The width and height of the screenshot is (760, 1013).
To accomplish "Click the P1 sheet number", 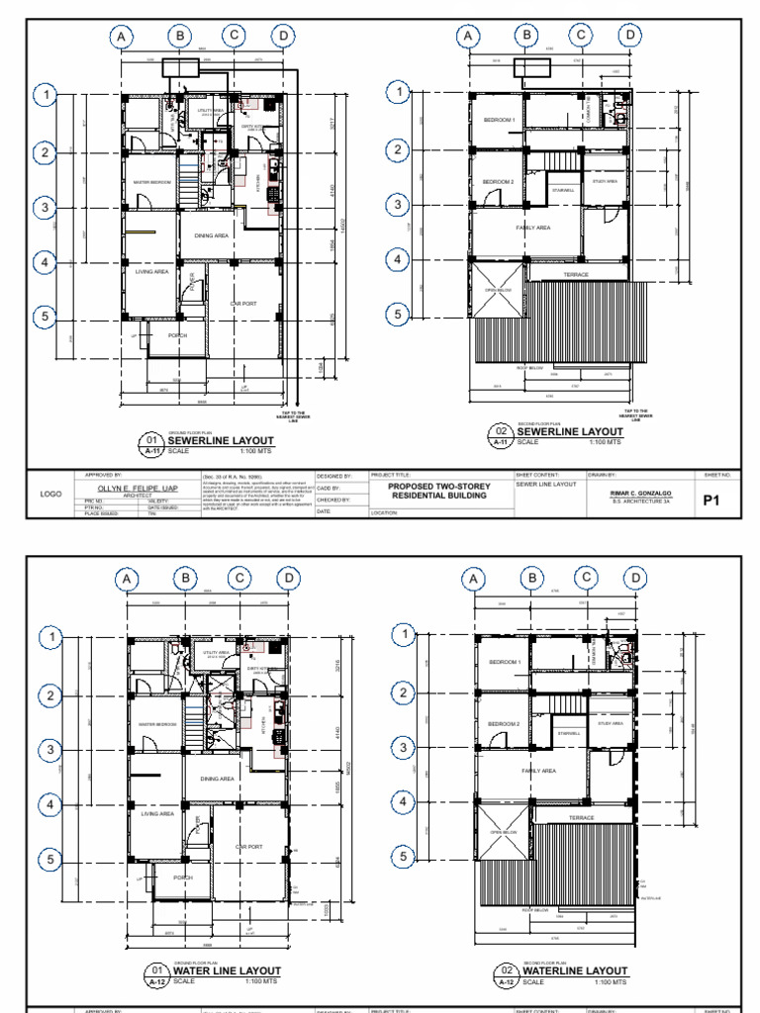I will pyautogui.click(x=709, y=501).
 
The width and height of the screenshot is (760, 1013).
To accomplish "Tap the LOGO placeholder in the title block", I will pyautogui.click(x=50, y=494).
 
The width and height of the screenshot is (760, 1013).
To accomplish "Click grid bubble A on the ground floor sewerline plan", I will pyautogui.click(x=122, y=38).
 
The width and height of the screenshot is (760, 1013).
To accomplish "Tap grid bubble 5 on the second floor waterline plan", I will pyautogui.click(x=402, y=856).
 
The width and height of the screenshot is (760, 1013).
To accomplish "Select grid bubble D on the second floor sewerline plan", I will pyautogui.click(x=628, y=37).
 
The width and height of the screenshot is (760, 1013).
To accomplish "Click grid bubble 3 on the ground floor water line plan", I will pyautogui.click(x=50, y=749).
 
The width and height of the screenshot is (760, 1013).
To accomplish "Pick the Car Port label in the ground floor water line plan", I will pyautogui.click(x=248, y=847).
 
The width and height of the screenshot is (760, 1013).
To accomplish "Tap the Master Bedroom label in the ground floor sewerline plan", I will pyautogui.click(x=147, y=183).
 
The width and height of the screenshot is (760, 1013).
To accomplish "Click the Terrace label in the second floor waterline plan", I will pyautogui.click(x=581, y=817).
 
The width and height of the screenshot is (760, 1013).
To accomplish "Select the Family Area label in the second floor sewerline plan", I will pyautogui.click(x=532, y=228).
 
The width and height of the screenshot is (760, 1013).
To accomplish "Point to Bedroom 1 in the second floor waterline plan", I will pyautogui.click(x=505, y=662).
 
